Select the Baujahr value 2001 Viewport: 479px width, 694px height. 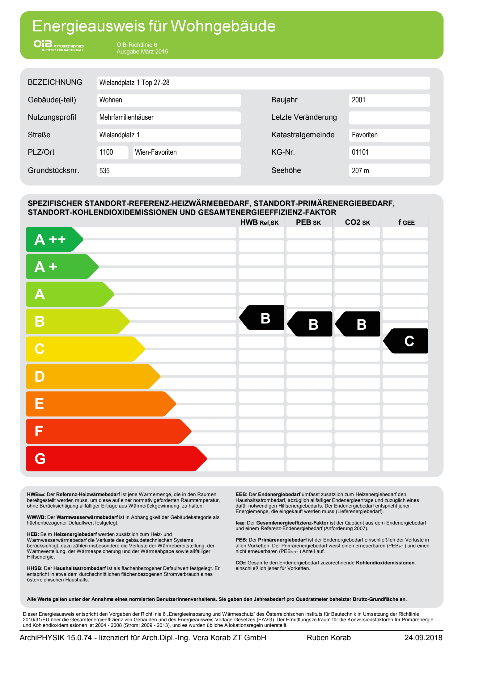358,100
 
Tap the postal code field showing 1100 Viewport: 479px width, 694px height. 106,152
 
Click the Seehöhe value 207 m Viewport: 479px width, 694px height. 360,170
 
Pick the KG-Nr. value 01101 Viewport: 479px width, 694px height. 360,152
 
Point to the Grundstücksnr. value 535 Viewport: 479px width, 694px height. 104,170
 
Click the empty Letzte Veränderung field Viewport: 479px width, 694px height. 389,118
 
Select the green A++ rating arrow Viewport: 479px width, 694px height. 53,239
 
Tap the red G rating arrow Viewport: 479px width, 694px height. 111,459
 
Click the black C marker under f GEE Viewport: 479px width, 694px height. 407,341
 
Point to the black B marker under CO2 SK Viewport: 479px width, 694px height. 359,324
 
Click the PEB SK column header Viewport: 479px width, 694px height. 308,222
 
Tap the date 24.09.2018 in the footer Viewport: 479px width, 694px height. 423,637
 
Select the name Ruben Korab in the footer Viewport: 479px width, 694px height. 329,637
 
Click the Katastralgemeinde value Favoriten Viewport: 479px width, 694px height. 365,135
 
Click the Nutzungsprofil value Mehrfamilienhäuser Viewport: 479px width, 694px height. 126,117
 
